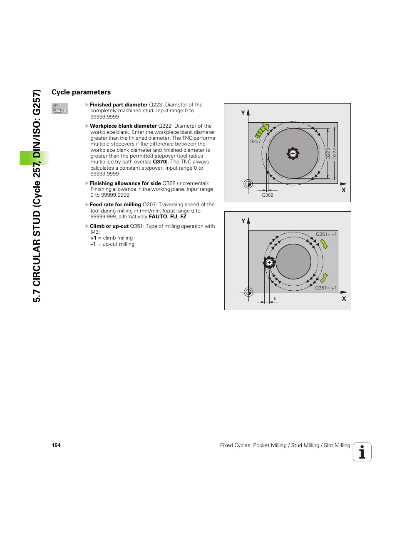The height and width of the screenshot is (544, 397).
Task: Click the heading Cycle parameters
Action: tap(81, 92)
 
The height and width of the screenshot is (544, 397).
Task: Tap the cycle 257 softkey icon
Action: tap(60, 108)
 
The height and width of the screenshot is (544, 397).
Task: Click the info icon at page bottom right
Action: tap(362, 452)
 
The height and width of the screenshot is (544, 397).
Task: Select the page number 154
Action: tap(56, 445)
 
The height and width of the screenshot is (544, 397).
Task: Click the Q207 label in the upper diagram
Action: tap(255, 141)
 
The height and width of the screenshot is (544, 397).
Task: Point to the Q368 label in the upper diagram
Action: tap(267, 195)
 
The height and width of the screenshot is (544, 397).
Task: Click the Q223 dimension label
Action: tap(328, 153)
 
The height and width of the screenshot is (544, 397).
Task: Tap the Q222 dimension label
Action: tap(335, 153)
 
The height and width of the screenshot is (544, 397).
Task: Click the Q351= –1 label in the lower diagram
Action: tap(326, 234)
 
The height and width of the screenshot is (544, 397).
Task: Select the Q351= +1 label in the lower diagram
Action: tap(325, 288)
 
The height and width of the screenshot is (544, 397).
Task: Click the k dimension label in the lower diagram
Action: tap(275, 299)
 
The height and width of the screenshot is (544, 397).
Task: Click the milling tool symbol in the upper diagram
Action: tap(293, 153)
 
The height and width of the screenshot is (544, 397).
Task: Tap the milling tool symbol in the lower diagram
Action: tap(269, 262)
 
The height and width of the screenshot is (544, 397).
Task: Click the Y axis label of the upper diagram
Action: tap(243, 113)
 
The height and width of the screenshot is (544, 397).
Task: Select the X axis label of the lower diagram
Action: tap(344, 299)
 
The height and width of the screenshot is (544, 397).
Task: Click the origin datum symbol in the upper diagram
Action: tap(248, 183)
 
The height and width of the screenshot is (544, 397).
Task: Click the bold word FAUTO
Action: tap(158, 217)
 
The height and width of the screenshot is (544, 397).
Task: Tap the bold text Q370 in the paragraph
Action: tap(159, 162)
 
